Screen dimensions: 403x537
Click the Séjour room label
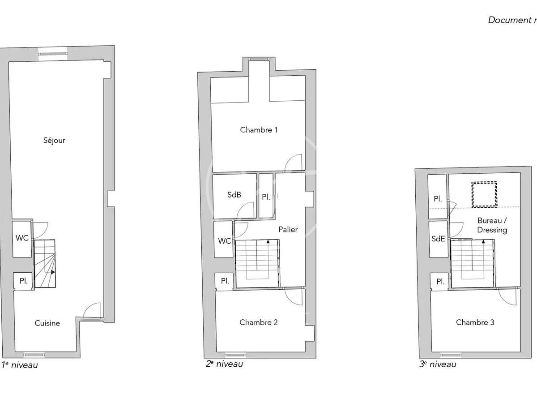[x=55, y=141]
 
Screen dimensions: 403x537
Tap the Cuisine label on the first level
[x=47, y=323]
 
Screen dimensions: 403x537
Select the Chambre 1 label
[x=259, y=130]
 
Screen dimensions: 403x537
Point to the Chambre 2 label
[x=258, y=322]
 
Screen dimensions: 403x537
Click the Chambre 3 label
[x=475, y=322]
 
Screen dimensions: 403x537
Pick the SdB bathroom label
[x=234, y=195]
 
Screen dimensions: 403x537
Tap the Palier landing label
[x=288, y=230]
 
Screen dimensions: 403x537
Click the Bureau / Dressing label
[x=492, y=225]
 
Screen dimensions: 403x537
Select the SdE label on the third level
[x=438, y=239]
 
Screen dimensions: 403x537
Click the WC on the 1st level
[x=22, y=238]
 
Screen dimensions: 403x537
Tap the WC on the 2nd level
[x=224, y=241]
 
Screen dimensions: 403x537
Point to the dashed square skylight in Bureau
[x=484, y=194]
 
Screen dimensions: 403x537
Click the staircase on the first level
[x=45, y=264]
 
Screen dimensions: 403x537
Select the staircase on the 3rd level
[x=472, y=264]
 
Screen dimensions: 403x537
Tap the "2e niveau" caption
[x=224, y=364]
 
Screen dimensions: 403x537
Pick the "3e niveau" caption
[x=438, y=364]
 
